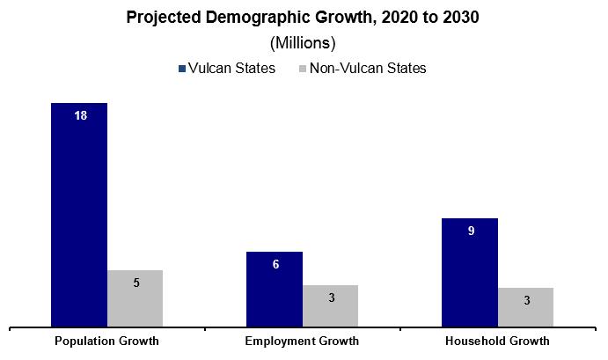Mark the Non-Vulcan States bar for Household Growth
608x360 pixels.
tap(525, 306)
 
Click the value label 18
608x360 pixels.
tap(80, 116)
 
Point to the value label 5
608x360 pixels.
tap(136, 283)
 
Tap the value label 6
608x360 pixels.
tap(275, 264)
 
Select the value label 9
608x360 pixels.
tap(471, 231)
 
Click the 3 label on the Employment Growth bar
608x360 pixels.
tap(331, 298)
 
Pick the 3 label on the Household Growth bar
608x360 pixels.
tap(526, 300)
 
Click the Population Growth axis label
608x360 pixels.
tap(106, 342)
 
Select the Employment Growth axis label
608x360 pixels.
tap(302, 342)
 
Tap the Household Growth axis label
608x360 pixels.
tap(497, 342)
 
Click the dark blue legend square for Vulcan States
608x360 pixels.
tap(181, 69)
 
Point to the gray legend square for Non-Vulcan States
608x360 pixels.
tap(304, 69)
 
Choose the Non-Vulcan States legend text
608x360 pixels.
tap(369, 69)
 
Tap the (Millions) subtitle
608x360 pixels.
tap(303, 42)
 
